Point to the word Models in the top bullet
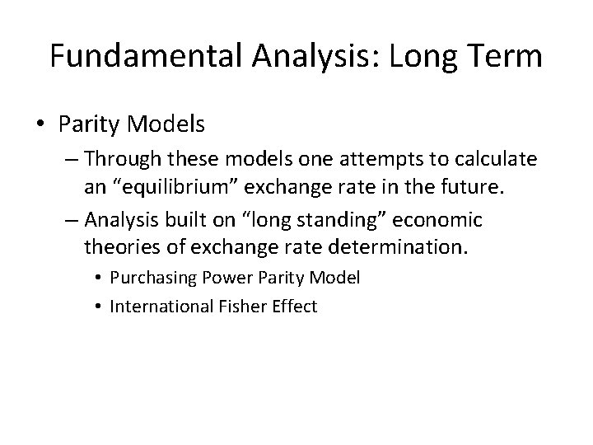(173, 124)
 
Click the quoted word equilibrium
(178, 189)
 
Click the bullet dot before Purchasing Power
(100, 279)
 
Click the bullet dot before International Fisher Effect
(100, 307)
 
